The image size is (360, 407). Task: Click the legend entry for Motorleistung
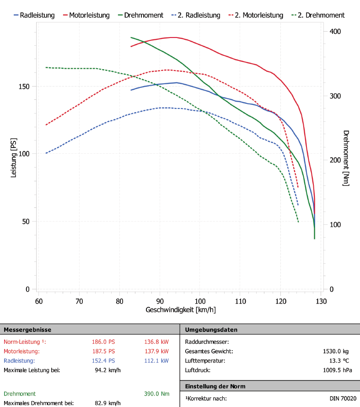click(x=89, y=15)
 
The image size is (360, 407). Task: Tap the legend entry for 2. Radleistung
click(x=200, y=15)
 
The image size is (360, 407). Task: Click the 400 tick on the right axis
click(x=335, y=31)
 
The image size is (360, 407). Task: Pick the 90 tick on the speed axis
click(x=160, y=301)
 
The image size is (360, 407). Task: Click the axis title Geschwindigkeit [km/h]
click(x=180, y=310)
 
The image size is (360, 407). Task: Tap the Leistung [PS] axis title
click(x=13, y=158)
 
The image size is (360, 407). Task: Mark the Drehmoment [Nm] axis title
click(x=346, y=158)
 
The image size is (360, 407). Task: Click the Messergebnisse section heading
click(x=27, y=330)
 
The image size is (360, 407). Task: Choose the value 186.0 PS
click(x=103, y=342)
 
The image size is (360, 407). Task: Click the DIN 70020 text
click(x=343, y=398)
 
